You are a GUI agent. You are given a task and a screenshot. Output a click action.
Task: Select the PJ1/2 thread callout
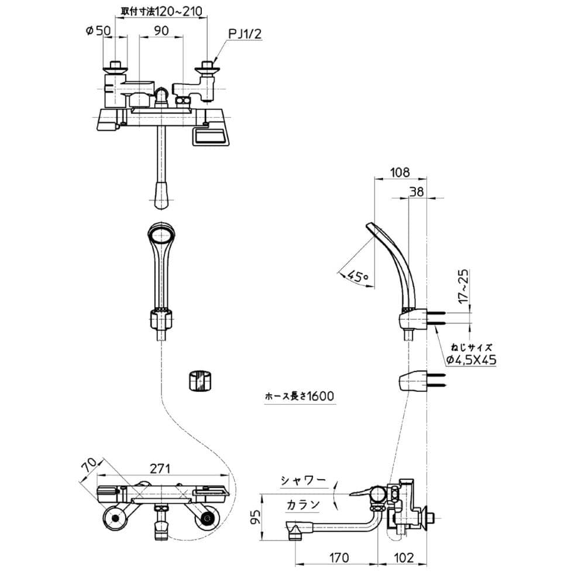click(x=245, y=35)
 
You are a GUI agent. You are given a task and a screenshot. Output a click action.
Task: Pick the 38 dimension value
click(x=417, y=191)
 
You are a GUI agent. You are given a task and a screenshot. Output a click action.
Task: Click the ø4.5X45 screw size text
click(x=472, y=360)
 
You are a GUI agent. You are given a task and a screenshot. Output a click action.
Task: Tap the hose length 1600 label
click(x=298, y=396)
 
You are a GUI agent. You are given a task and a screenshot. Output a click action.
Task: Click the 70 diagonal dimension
click(x=89, y=466)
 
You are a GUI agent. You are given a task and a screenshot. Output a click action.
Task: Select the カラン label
click(x=304, y=504)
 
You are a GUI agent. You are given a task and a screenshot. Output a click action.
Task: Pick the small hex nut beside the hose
click(x=199, y=380)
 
